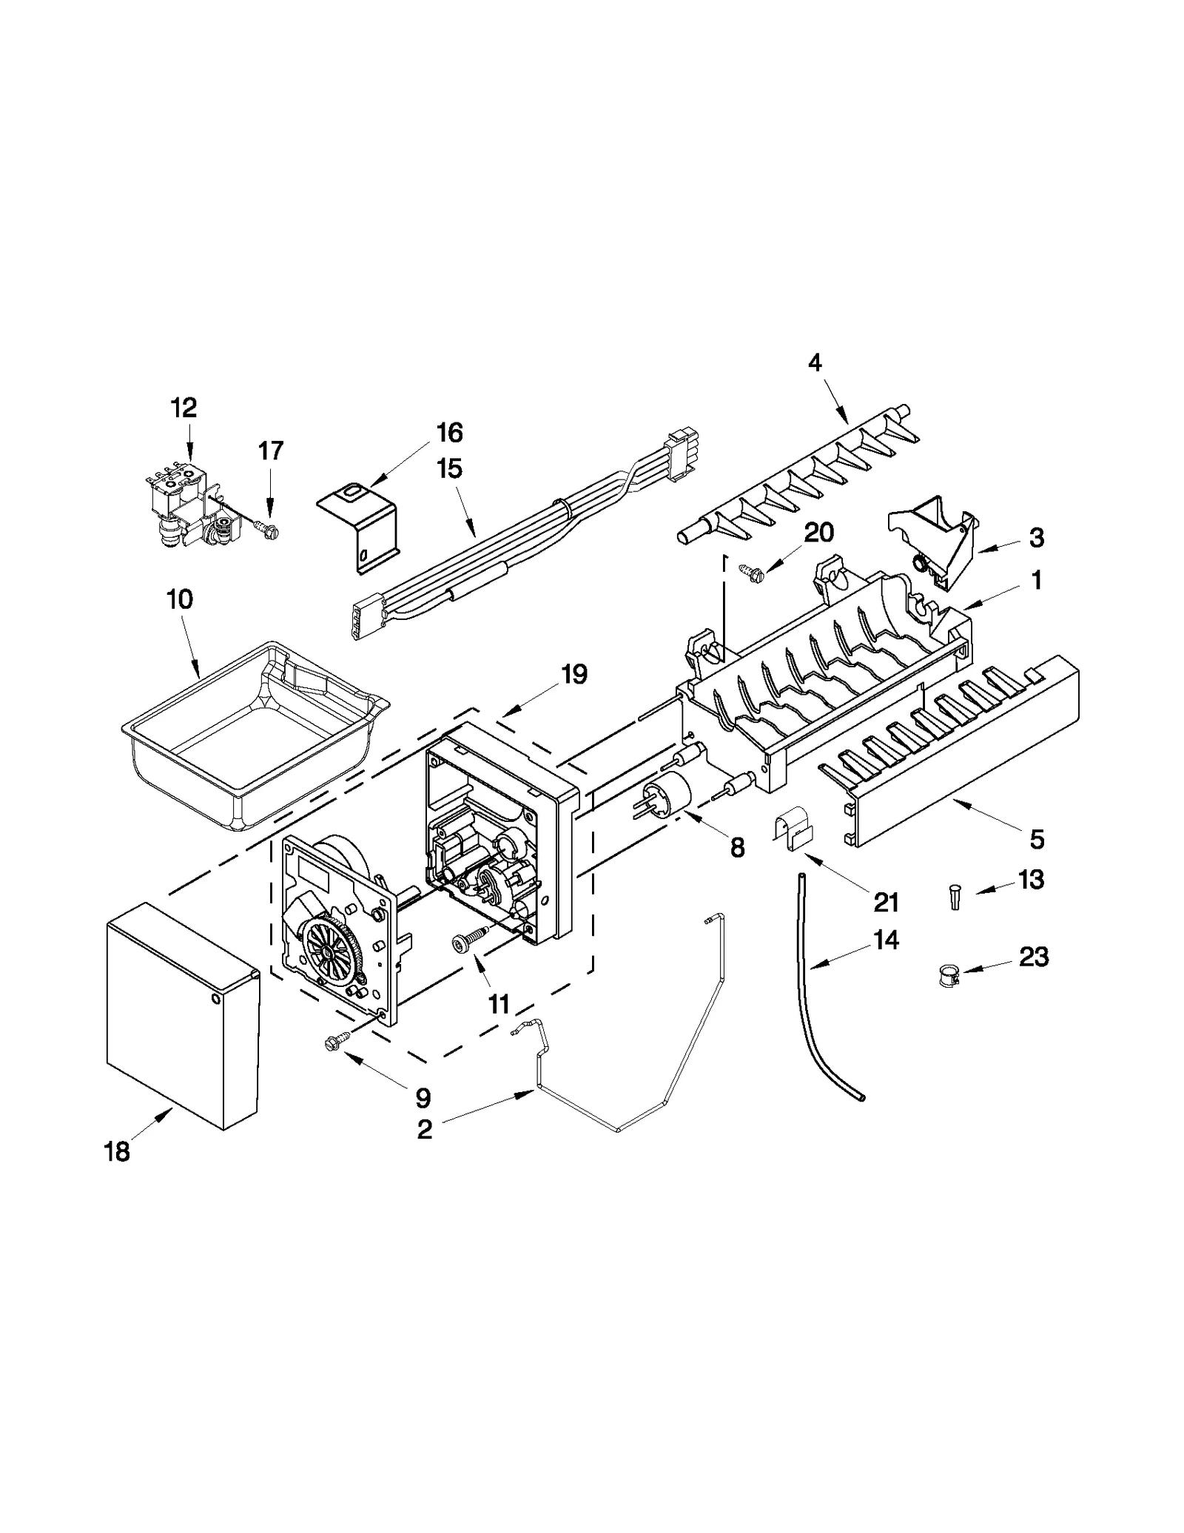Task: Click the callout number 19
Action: tap(573, 674)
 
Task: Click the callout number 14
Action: tap(885, 940)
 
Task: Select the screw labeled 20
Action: tap(749, 569)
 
